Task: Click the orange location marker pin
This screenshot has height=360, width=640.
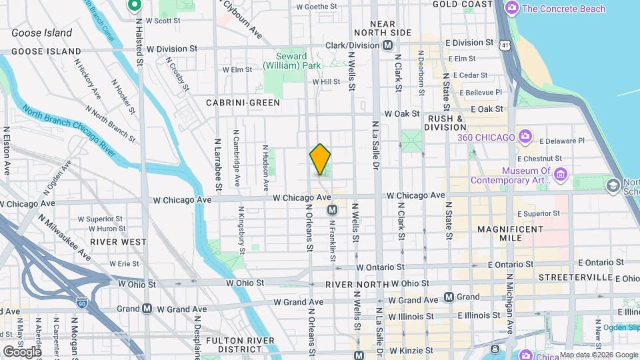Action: tap(321, 159)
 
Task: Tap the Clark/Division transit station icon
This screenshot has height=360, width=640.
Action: tap(387, 45)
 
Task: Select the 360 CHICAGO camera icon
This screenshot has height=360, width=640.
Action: tap(525, 137)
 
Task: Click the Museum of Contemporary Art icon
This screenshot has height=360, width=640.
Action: tap(560, 175)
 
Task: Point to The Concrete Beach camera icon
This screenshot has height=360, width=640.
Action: tap(512, 9)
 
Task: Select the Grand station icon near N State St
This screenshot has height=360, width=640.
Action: tap(449, 297)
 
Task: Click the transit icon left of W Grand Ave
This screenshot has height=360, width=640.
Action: tap(147, 309)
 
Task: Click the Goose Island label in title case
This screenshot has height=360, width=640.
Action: tap(42, 33)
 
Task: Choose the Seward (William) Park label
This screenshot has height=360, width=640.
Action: tap(291, 61)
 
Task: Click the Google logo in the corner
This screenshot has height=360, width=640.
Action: tap(21, 351)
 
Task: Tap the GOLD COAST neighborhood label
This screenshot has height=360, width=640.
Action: tap(462, 4)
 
